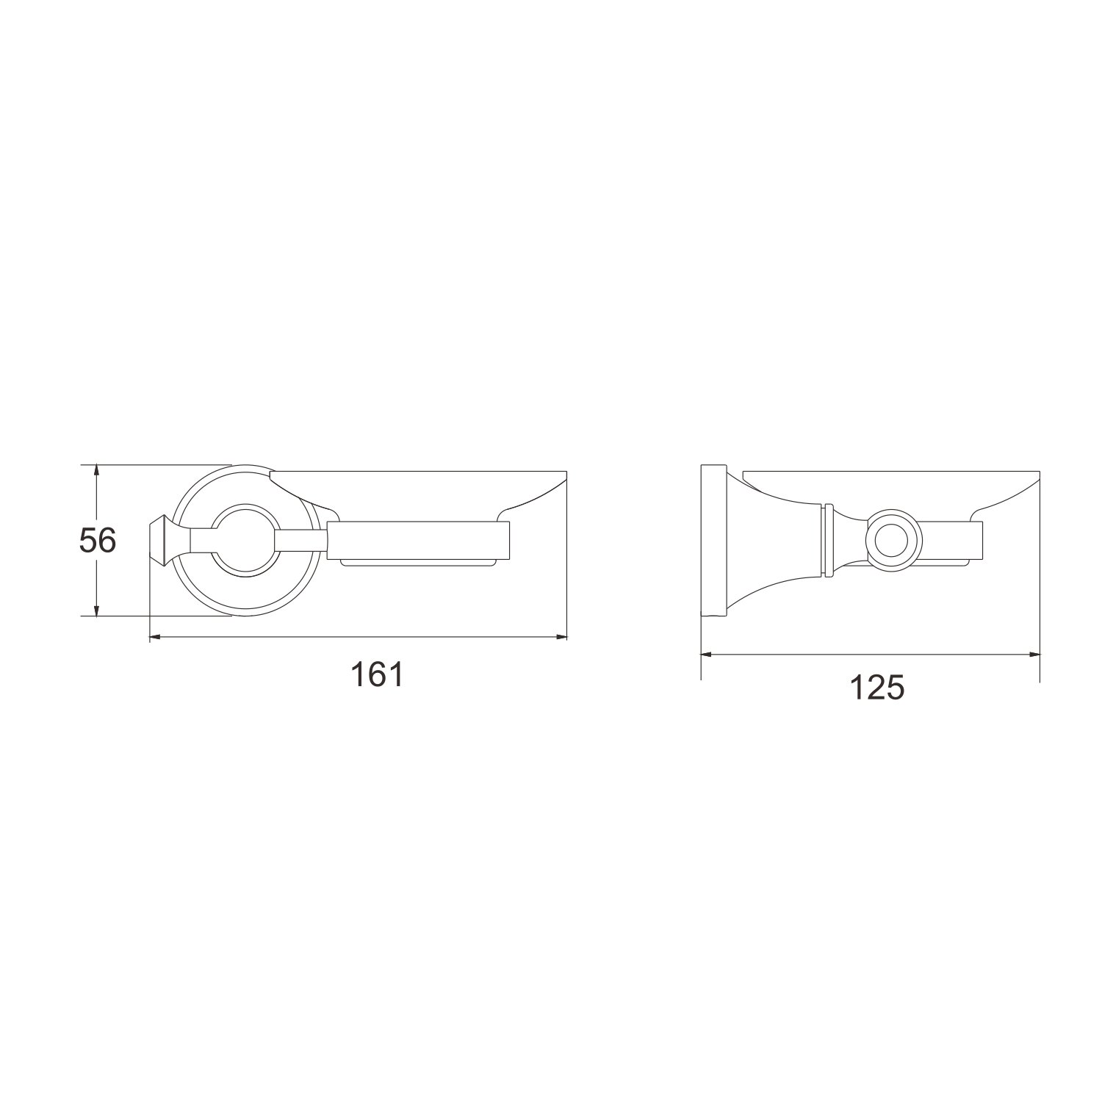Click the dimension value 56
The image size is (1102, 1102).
coord(98,541)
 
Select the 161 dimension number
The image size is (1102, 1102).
coord(377,674)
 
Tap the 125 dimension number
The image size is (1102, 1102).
coord(876,688)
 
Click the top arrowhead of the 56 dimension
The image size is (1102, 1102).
coord(96,471)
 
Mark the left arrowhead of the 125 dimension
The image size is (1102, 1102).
coord(708,652)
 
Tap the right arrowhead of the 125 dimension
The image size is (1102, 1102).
coord(1032,652)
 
